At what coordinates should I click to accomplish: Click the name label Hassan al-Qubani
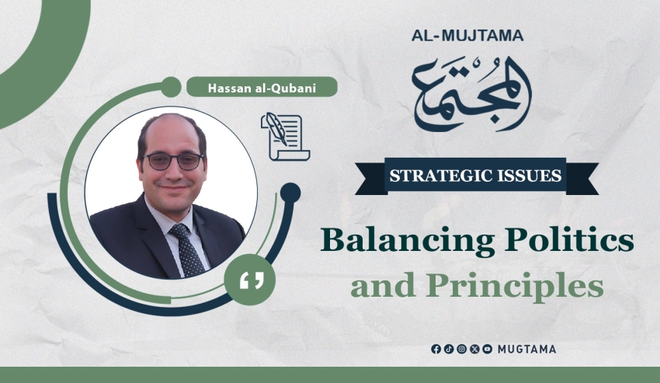tap(262, 88)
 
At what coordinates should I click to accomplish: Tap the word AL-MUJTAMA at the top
tap(467, 36)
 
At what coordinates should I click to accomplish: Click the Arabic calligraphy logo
tap(471, 92)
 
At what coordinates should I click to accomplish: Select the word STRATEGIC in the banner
tap(437, 176)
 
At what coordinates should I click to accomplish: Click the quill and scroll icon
tap(286, 137)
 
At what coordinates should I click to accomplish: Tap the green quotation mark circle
tap(249, 280)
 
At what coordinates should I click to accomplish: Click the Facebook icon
tap(436, 349)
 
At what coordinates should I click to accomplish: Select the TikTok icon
tap(449, 349)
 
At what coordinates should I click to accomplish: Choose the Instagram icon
tap(462, 349)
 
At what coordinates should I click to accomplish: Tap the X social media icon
tap(474, 349)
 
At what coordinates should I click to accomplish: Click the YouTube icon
tap(488, 349)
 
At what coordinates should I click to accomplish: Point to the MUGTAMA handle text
tap(526, 349)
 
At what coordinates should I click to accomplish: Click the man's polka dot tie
tap(188, 249)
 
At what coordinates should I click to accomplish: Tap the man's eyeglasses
tap(173, 162)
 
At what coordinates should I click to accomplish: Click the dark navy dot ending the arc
tap(290, 193)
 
